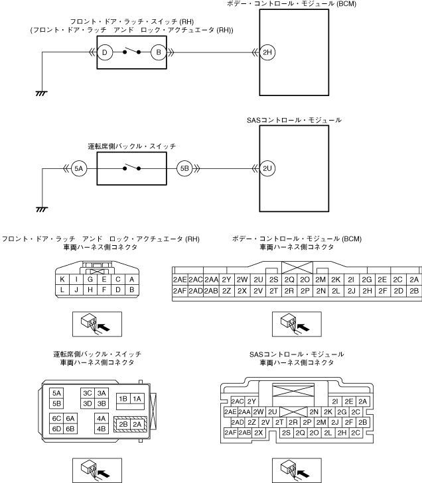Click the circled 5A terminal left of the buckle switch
tap(79, 169)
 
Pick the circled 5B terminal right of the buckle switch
tap(185, 169)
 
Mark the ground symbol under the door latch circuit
tap(41, 93)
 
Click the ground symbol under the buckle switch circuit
tap(41, 209)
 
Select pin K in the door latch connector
tap(62, 279)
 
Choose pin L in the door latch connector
tap(62, 290)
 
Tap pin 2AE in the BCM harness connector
tap(180, 279)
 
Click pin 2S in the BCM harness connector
tap(273, 279)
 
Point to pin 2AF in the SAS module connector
tap(230, 433)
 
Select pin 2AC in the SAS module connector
tap(238, 401)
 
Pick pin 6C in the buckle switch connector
tap(56, 418)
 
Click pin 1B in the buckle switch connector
tap(123, 398)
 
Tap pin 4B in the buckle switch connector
tap(102, 428)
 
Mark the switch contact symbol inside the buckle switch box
tap(131, 169)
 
